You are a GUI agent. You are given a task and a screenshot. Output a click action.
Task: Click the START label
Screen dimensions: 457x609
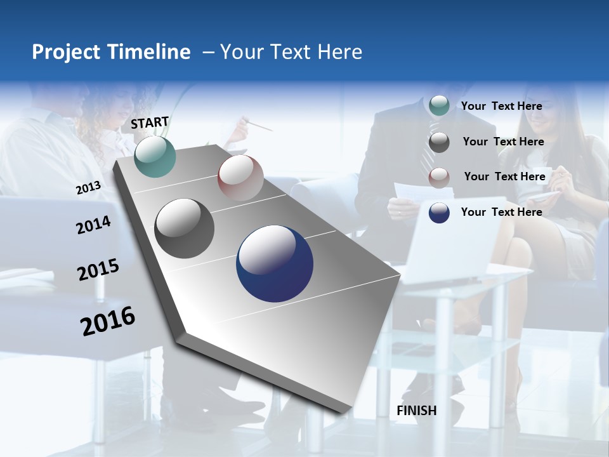[150, 123]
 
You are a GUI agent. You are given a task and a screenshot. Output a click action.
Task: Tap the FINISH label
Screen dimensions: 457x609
[416, 411]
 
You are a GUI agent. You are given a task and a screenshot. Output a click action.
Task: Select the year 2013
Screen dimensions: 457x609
[88, 188]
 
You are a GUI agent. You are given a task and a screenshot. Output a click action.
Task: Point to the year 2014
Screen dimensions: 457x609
[93, 225]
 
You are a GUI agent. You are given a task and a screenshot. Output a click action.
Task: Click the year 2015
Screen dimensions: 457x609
[98, 270]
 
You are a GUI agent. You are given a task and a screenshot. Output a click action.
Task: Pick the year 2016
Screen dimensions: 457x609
[108, 321]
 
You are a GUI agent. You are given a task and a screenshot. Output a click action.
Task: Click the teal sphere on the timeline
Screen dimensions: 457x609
[155, 157]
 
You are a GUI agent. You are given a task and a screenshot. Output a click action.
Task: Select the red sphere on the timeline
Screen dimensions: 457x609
[240, 178]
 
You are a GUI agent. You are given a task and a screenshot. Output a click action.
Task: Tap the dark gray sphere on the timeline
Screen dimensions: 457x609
[184, 228]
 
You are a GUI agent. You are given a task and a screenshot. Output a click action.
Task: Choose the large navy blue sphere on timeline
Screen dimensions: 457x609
[275, 263]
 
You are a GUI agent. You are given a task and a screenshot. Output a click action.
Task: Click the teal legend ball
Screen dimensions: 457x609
[439, 105]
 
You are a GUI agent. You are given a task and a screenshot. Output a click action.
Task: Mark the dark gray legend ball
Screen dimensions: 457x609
[439, 142]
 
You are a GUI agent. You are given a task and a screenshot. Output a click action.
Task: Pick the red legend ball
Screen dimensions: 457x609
[439, 177]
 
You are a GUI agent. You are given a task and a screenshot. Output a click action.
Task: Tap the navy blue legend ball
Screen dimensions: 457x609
[439, 213]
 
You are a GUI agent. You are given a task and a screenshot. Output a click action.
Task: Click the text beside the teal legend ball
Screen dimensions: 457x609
[501, 106]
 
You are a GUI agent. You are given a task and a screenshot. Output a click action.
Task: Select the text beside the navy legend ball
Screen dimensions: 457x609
[501, 212]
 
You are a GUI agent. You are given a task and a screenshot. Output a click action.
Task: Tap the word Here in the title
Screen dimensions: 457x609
[339, 52]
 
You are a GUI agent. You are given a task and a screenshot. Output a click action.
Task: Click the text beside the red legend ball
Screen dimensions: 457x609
[504, 176]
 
